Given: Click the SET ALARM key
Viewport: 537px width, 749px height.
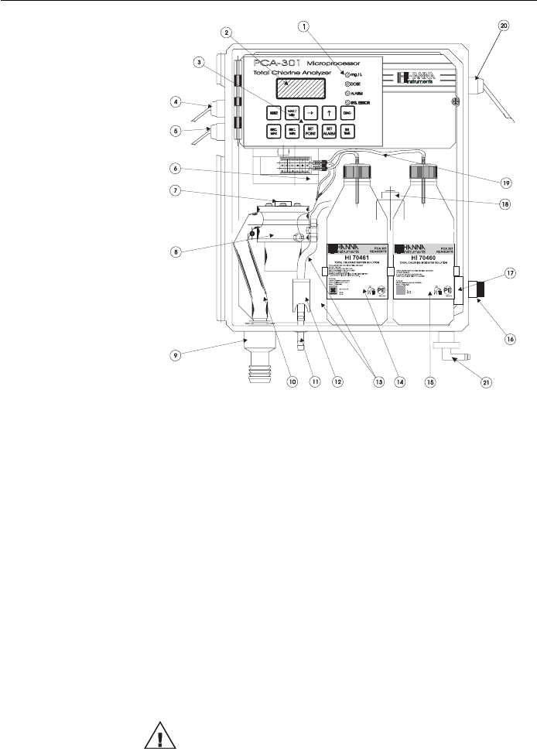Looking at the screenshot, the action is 329,132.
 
